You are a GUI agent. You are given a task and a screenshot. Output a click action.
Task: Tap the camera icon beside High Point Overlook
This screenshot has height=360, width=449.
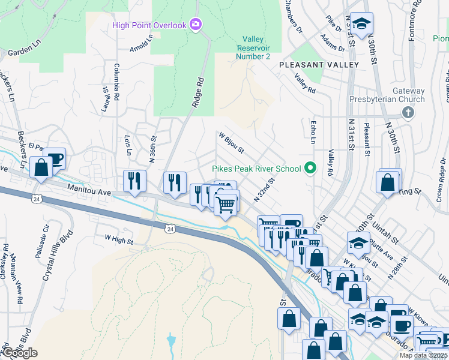(195, 25)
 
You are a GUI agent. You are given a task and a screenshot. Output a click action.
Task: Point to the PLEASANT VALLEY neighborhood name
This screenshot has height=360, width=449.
(318, 64)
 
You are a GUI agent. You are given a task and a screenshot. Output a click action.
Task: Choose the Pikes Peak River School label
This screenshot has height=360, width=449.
(256, 169)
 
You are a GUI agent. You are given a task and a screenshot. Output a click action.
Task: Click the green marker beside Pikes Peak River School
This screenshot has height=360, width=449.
(310, 168)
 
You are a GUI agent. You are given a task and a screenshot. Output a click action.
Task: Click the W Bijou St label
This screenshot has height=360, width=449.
(231, 142)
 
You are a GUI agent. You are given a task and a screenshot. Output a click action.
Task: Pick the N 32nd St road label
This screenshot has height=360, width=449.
(264, 190)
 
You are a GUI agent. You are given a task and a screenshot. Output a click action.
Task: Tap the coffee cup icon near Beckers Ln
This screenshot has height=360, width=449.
(55, 159)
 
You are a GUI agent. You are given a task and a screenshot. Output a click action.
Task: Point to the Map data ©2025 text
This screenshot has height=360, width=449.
(423, 355)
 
